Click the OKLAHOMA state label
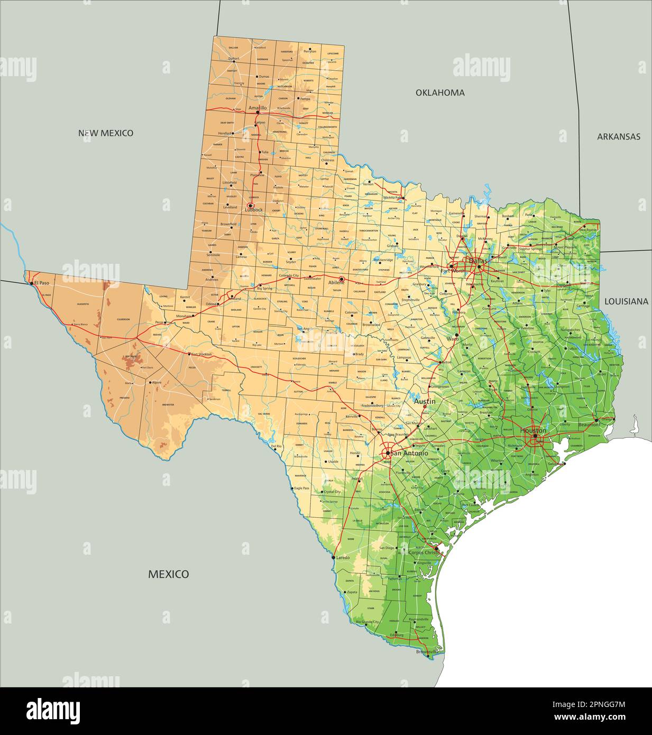point(439,93)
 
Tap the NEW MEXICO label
point(106,133)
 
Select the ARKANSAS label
point(618,136)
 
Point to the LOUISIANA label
point(626,301)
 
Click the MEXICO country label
point(168,574)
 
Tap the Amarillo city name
point(258,107)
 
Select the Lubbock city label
point(253,210)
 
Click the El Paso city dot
point(32,283)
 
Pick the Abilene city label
point(336,283)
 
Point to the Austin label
point(425,402)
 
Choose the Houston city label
point(533,430)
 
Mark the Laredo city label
point(343,558)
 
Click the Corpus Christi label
point(425,552)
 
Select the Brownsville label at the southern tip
point(427,652)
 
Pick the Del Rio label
point(276,446)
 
